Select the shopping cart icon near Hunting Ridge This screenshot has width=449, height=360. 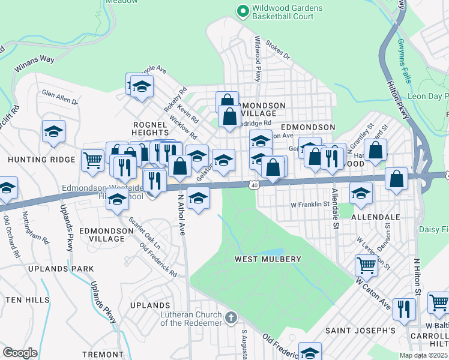(92, 160)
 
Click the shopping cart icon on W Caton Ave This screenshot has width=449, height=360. (366, 264)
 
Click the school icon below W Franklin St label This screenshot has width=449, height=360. (361, 193)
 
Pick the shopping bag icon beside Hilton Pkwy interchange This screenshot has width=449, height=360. (397, 178)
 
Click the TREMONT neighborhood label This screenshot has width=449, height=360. (103, 354)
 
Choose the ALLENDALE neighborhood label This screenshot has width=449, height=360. (376, 216)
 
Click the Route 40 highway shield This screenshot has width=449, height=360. (255, 186)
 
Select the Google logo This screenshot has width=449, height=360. (20, 353)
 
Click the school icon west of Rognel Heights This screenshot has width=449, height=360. (53, 131)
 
